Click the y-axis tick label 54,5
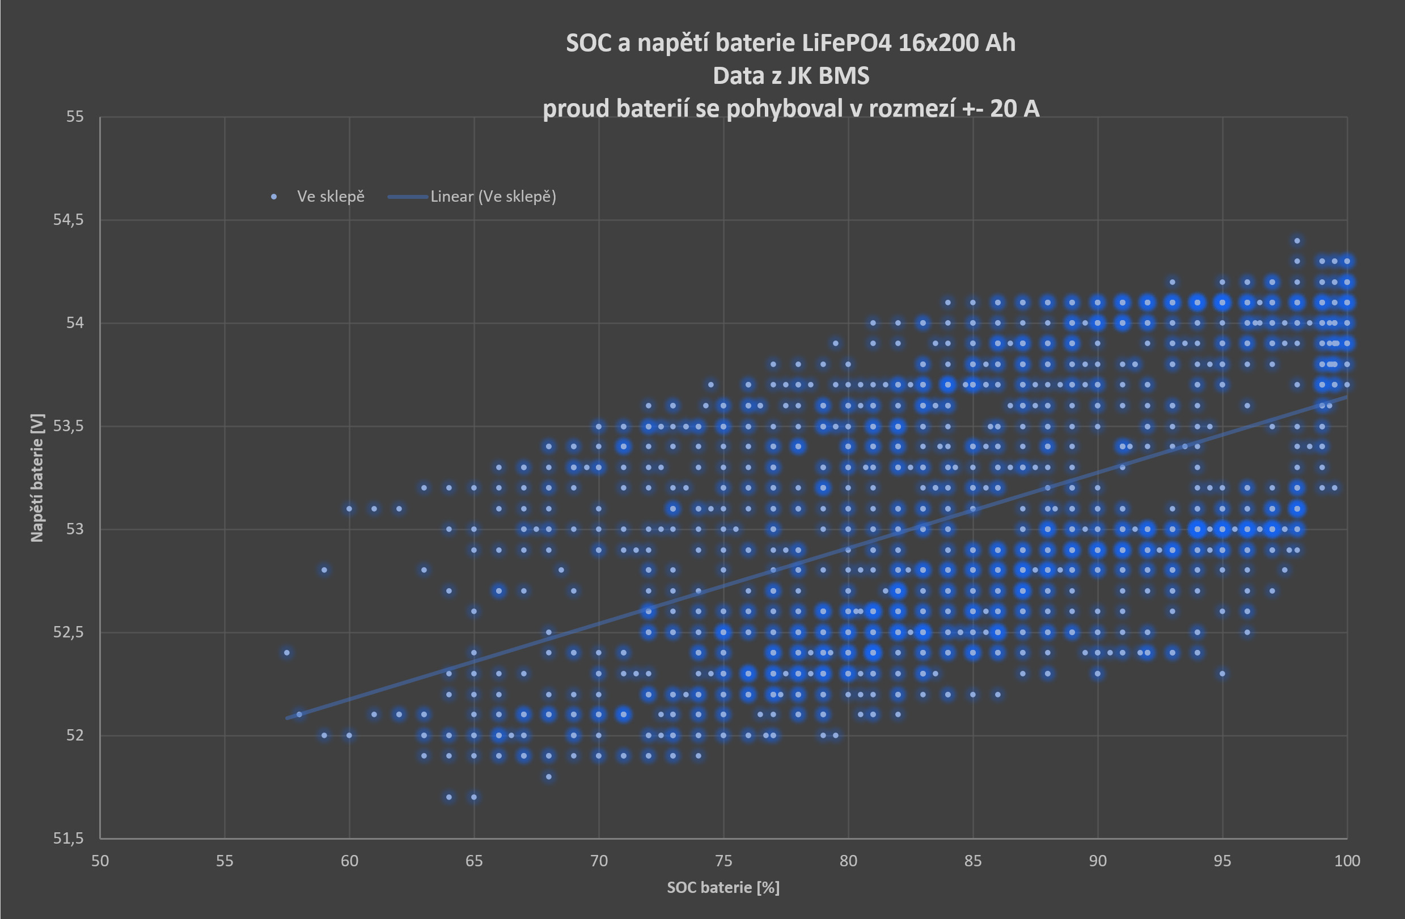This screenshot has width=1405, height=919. point(69,219)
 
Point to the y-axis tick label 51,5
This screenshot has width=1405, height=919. point(69,837)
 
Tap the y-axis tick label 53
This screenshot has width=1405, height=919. point(74,529)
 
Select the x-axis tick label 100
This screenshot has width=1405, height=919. point(1347,861)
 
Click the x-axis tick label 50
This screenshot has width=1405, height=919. point(100,861)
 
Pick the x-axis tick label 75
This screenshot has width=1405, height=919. point(723,861)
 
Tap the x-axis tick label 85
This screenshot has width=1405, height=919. point(973,861)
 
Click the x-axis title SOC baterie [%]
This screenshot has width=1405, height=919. point(723,887)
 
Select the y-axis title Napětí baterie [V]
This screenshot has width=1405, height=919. point(37,477)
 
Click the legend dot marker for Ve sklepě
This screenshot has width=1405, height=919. point(274,197)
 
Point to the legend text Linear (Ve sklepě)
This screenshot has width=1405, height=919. point(493,197)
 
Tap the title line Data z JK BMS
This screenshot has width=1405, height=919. point(790,75)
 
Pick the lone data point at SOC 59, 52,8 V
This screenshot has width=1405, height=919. point(324,570)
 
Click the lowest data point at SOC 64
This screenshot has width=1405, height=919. point(448,797)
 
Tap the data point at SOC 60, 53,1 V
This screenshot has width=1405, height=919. point(349,508)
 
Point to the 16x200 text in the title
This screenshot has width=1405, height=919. point(931,43)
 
